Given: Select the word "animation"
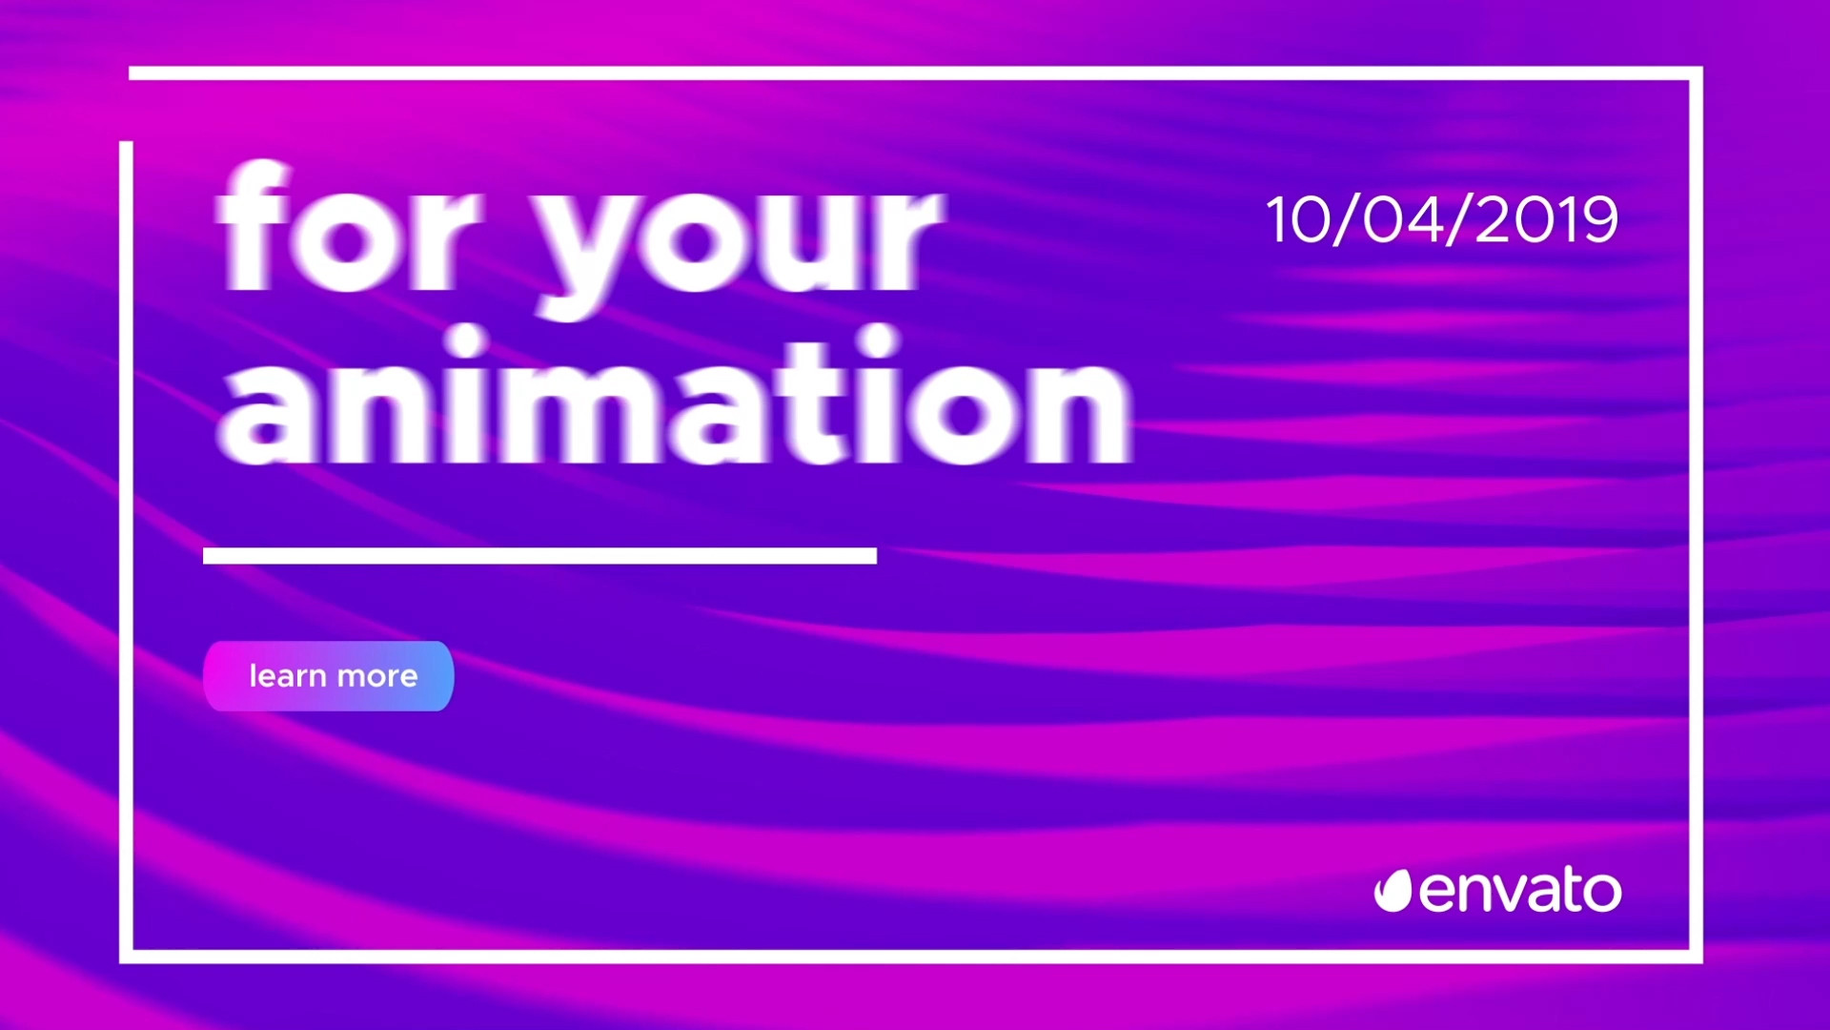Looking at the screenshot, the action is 675,395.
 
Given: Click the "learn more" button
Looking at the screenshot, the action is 329,676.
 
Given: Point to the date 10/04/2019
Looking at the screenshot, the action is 1442,220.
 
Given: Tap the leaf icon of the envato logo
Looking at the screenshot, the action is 1393,891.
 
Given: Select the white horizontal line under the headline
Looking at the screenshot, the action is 539,556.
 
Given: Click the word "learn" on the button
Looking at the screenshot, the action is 288,675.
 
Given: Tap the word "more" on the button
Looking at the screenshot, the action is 377,677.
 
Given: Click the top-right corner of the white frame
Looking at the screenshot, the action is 1696,73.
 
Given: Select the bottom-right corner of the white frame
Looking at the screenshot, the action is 1696,957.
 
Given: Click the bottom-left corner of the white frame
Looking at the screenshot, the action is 126,957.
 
